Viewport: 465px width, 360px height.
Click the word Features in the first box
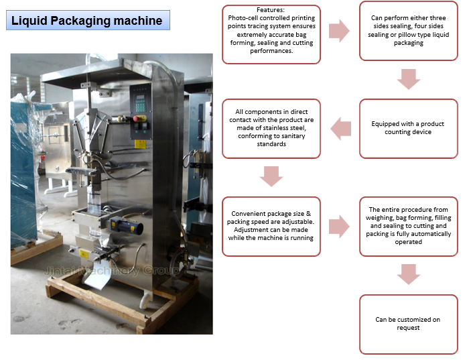(269, 10)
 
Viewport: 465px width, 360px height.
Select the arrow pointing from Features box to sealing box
(339, 31)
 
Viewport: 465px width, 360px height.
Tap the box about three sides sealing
(408, 31)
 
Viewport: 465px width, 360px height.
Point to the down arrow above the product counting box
(408, 79)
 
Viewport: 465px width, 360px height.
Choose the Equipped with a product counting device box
(408, 129)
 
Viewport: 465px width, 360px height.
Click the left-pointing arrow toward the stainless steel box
(341, 129)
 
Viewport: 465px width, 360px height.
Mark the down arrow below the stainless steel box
(271, 176)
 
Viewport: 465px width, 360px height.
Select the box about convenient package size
(271, 226)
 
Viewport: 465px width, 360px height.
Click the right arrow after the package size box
(339, 227)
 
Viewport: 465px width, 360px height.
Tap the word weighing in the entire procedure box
(379, 218)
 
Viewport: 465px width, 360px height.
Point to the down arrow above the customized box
(408, 275)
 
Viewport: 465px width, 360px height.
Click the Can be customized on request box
(408, 324)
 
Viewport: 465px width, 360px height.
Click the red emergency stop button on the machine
(137, 119)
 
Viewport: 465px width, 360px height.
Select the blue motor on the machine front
(127, 226)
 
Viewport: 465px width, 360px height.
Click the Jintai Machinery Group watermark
(112, 270)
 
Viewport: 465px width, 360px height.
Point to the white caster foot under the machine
(145, 300)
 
